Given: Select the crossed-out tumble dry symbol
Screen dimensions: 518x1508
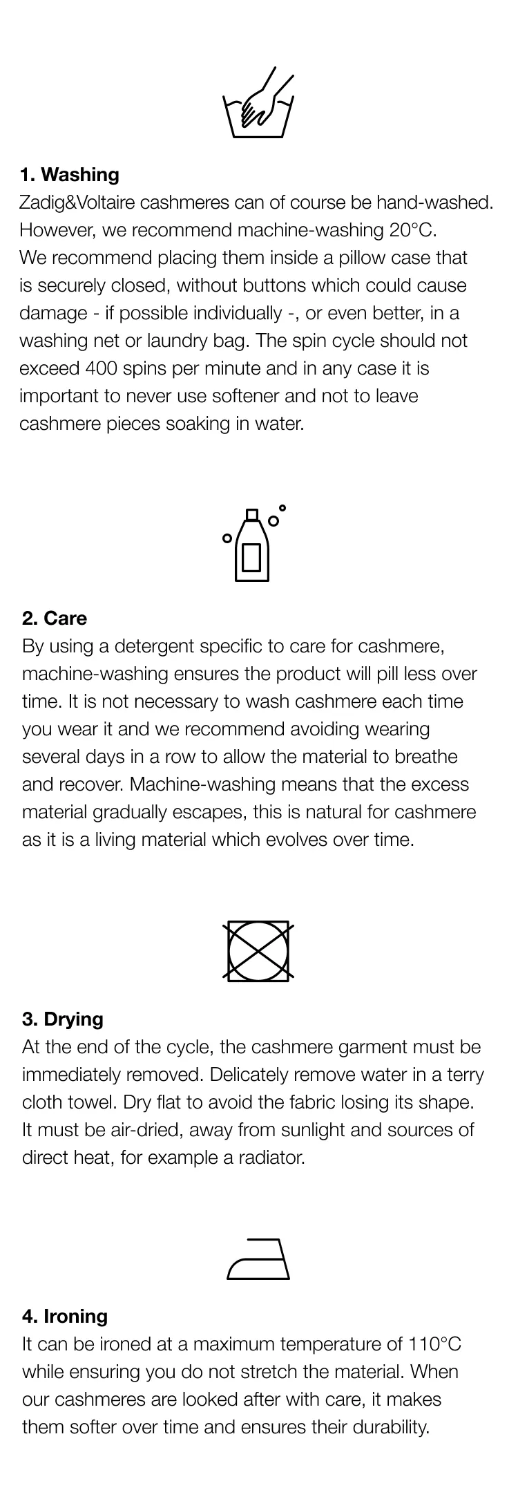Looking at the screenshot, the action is coord(258,950).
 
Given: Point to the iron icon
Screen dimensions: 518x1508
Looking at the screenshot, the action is coord(258,1259).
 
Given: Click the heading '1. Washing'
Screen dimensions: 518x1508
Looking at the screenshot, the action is coord(69,174).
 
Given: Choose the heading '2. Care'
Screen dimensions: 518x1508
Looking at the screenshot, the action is coord(55,618).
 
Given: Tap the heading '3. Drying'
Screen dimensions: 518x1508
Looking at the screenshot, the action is coord(63,1019).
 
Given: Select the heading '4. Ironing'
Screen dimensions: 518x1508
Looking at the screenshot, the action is coord(65,1316).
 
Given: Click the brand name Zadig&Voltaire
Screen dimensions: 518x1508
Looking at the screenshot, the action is coord(77,202).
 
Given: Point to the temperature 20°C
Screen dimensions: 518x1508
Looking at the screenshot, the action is coord(413,230).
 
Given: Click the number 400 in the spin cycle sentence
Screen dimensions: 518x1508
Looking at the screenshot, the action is coord(102,368).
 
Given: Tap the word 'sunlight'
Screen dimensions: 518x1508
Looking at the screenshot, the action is coord(320,1130).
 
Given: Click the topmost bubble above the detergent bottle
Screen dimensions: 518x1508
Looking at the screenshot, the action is coord(282,508).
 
